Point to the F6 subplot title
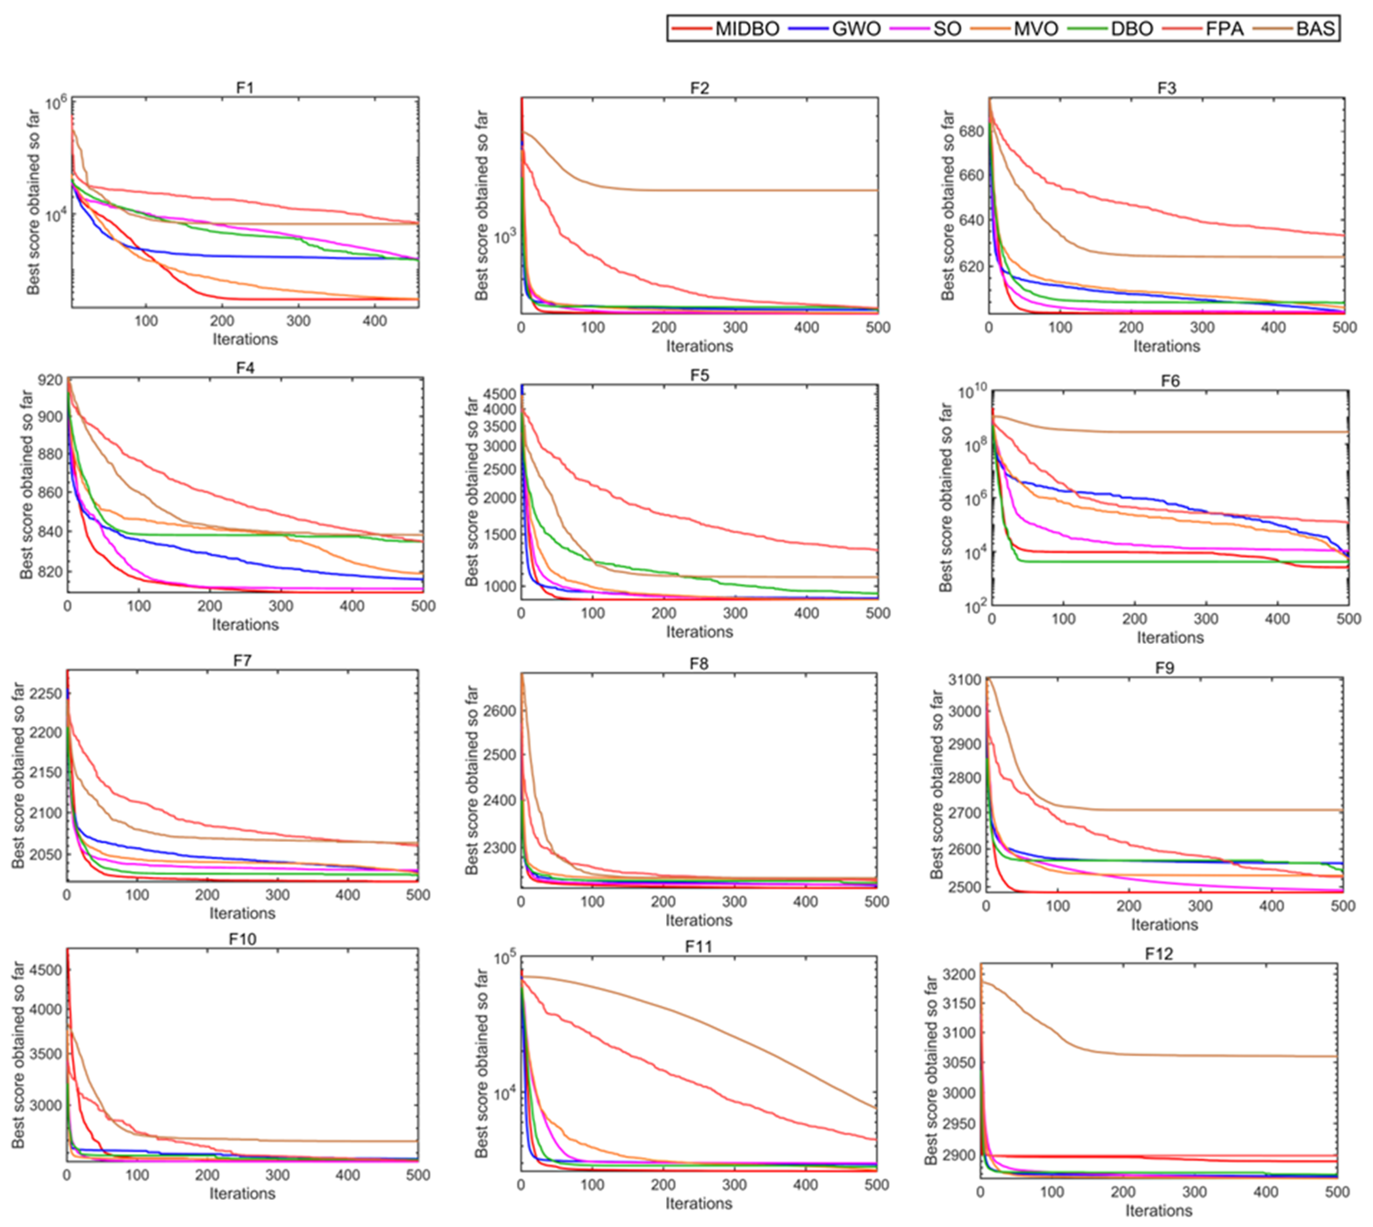pos(1170,381)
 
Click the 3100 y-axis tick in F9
pos(964,679)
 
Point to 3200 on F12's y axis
pos(959,974)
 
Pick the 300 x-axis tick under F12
pos(1194,1192)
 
